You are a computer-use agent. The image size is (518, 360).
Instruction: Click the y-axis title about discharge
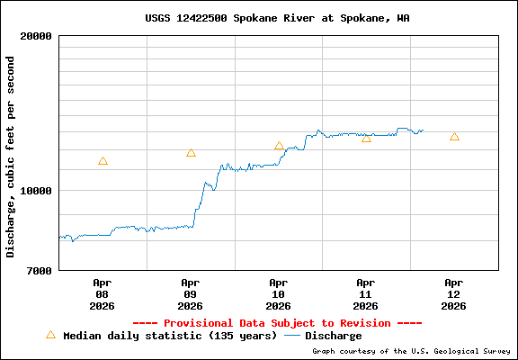click(x=11, y=156)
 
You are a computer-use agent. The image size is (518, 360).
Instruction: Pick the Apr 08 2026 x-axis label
click(x=102, y=293)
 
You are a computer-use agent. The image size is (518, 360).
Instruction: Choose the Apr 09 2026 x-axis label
click(x=190, y=293)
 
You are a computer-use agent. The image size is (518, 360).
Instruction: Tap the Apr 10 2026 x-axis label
click(x=278, y=293)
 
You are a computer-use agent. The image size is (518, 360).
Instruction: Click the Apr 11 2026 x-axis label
click(x=366, y=293)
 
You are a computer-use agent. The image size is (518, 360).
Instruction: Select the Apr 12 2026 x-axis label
click(x=454, y=293)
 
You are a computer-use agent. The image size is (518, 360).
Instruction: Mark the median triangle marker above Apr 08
click(x=103, y=161)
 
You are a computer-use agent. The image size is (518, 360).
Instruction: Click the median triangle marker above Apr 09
click(x=191, y=153)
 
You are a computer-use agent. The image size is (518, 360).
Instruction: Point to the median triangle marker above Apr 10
click(x=279, y=146)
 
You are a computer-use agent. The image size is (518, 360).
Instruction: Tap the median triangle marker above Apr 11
click(x=366, y=138)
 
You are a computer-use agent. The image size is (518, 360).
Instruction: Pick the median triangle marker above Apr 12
click(x=454, y=137)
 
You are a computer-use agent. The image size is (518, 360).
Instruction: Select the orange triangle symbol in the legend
click(x=50, y=335)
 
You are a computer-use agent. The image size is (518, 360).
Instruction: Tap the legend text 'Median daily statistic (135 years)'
click(x=170, y=336)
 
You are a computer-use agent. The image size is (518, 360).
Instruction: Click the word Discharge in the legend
click(x=334, y=336)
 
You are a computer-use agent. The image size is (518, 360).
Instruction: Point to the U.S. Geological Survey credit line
click(x=411, y=352)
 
